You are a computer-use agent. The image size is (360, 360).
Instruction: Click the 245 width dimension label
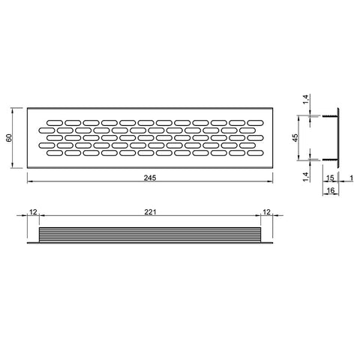pyautogui.click(x=150, y=178)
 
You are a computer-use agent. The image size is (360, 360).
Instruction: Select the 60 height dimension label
pyautogui.click(x=9, y=138)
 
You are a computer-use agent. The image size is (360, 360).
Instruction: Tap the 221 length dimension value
pyautogui.click(x=150, y=212)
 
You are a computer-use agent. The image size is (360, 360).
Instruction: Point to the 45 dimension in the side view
pyautogui.click(x=295, y=138)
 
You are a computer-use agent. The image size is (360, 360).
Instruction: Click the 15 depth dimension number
pyautogui.click(x=330, y=178)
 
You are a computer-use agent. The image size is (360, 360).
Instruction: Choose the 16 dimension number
pyautogui.click(x=331, y=190)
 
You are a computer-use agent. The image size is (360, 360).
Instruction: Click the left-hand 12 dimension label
pyautogui.click(x=33, y=212)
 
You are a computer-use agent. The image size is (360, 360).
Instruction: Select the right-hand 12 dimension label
pyautogui.click(x=267, y=212)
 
